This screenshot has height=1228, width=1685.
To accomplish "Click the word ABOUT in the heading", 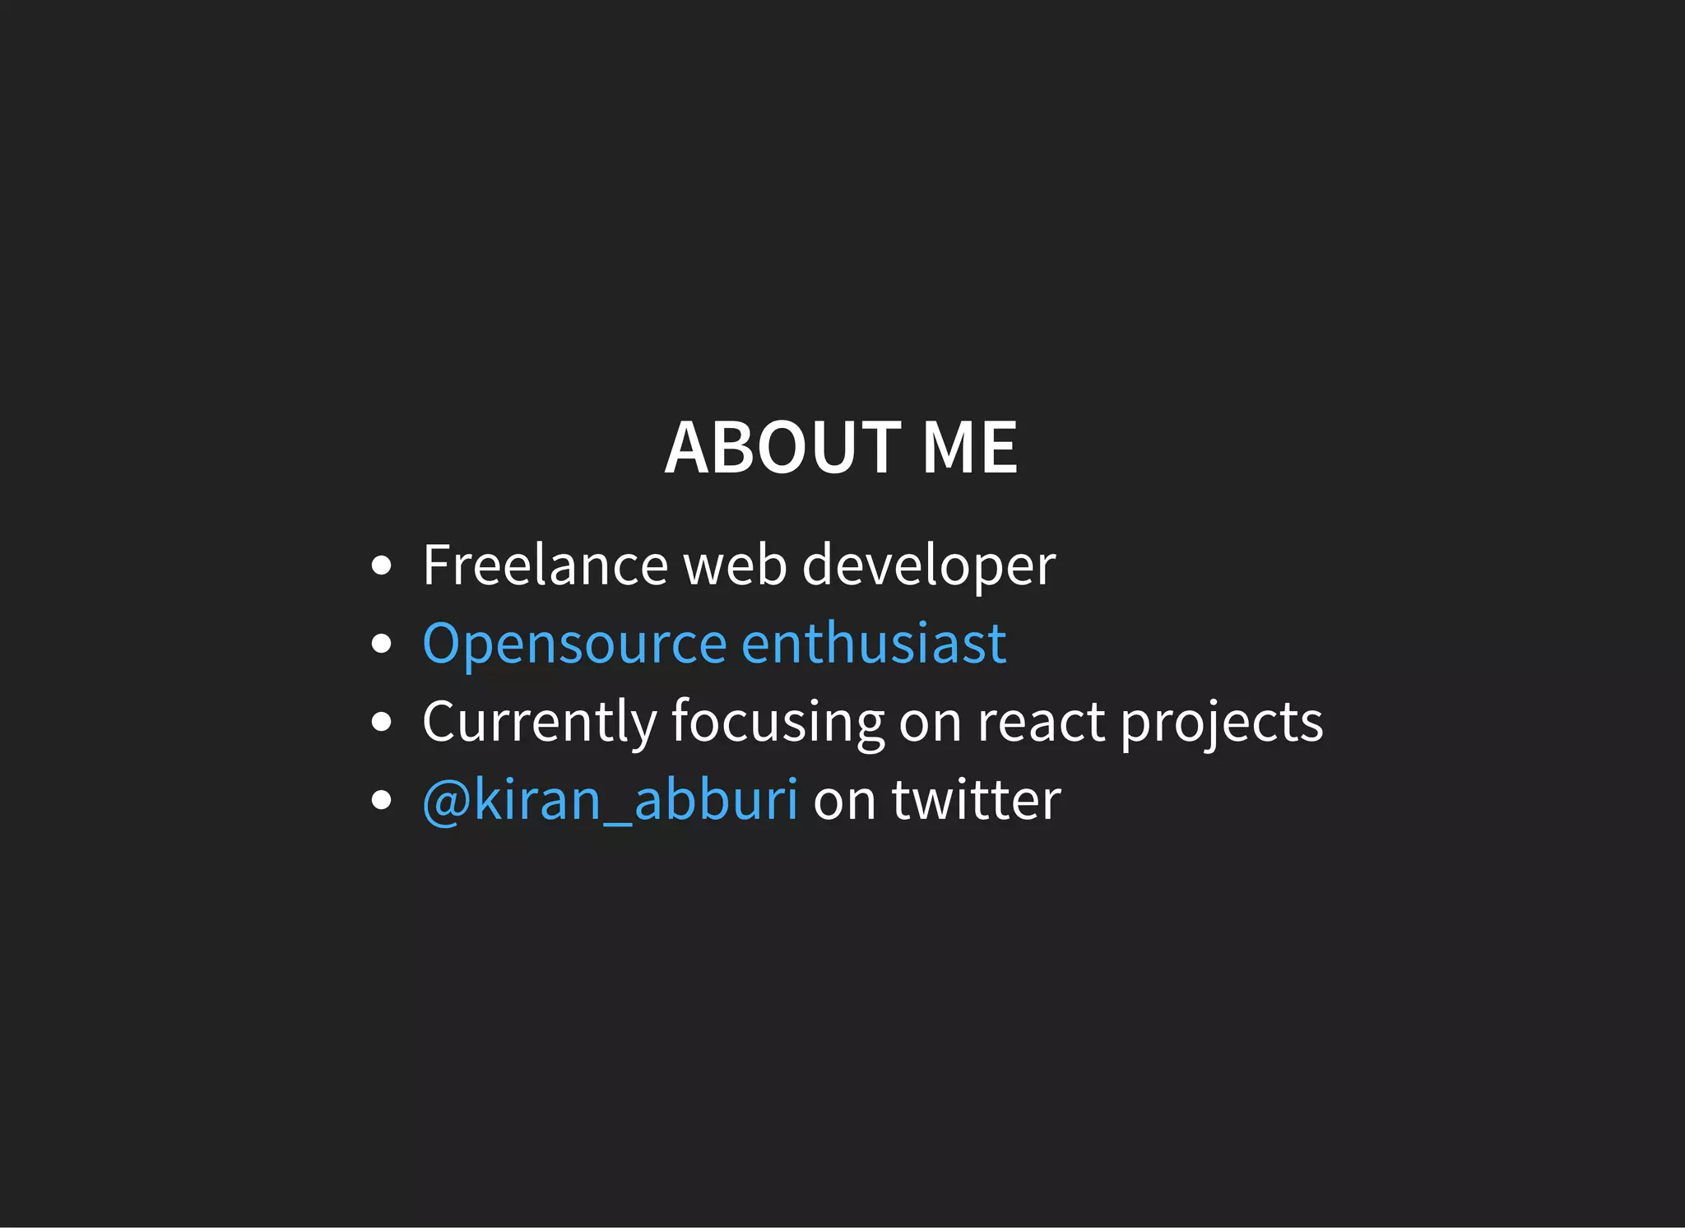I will pyautogui.click(x=782, y=448).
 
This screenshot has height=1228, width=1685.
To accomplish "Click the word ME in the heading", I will pyautogui.click(x=969, y=448).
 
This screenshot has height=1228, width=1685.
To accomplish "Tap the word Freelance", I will pyautogui.click(x=544, y=565).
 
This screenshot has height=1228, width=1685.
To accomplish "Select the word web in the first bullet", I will pyautogui.click(x=735, y=565).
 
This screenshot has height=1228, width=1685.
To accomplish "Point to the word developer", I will pyautogui.click(x=928, y=567).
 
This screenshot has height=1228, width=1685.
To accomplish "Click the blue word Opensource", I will pyautogui.click(x=574, y=644).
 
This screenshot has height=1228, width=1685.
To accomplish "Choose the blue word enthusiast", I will pyautogui.click(x=874, y=643).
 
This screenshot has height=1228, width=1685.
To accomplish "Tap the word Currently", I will pyautogui.click(x=539, y=723).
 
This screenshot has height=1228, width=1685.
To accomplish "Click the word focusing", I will pyautogui.click(x=778, y=723).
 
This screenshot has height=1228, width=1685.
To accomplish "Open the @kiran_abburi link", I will pyautogui.click(x=610, y=799).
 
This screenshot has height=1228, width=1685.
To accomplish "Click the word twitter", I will pyautogui.click(x=977, y=799).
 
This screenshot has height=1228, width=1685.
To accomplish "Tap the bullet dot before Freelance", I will pyautogui.click(x=381, y=566).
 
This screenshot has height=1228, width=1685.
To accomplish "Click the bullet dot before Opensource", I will pyautogui.click(x=381, y=644).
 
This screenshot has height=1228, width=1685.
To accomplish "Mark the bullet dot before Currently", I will pyautogui.click(x=381, y=722).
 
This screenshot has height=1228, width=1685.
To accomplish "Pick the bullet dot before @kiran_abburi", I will pyautogui.click(x=381, y=800).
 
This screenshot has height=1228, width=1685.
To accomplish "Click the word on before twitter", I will pyautogui.click(x=844, y=801).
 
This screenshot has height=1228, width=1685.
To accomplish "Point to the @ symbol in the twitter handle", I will pyautogui.click(x=446, y=801).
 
